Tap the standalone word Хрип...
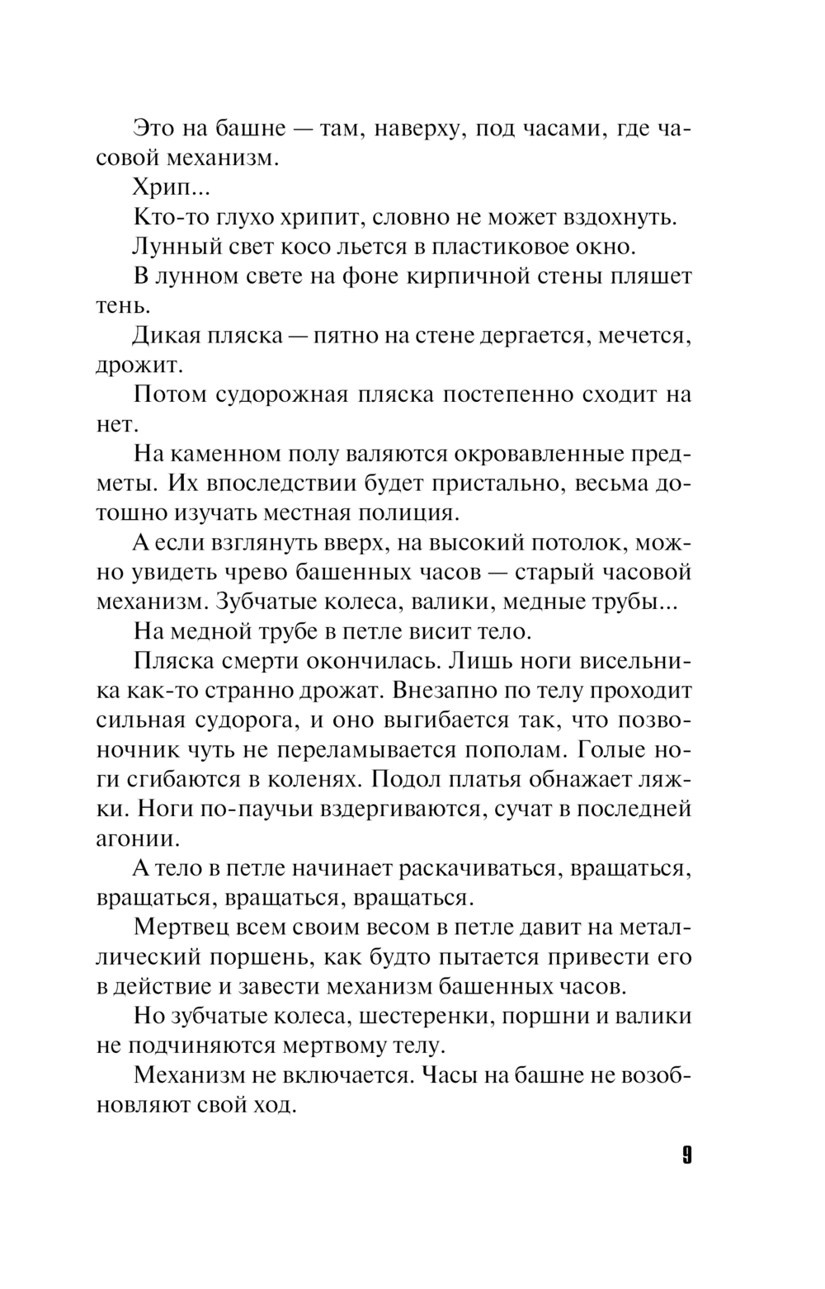click(160, 188)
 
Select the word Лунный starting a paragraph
click(170, 246)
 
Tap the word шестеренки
click(408, 1016)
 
